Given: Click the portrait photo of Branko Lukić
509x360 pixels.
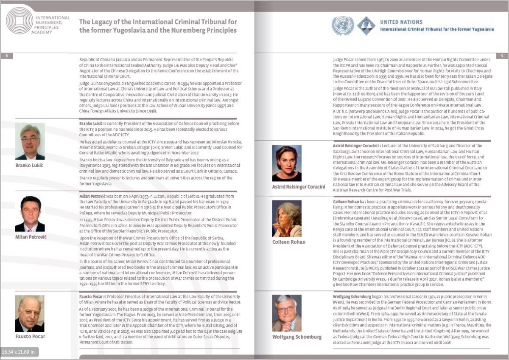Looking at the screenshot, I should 30,141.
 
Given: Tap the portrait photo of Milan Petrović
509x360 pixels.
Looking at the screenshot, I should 30,214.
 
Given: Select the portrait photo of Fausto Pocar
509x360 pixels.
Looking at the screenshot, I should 30,313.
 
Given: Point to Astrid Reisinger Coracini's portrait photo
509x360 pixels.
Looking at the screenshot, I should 287,163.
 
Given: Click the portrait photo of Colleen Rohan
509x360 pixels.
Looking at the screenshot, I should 287,219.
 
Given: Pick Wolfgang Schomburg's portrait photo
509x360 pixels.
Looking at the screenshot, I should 287,313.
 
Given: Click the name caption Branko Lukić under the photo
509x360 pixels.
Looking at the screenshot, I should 29,165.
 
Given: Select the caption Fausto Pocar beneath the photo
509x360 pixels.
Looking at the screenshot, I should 30,337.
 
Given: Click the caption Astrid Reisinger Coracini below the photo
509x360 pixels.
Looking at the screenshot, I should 299,186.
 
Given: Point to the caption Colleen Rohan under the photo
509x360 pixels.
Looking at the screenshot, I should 289,242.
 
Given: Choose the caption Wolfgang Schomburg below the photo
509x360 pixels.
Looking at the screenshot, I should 296,337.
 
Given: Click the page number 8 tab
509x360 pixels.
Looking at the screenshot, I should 6,56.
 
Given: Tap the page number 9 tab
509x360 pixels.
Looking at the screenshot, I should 502,56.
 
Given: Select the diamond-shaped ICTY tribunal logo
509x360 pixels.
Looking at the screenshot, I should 366,25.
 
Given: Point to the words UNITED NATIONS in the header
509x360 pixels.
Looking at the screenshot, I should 401,22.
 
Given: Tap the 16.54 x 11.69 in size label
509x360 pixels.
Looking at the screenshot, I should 20,352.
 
